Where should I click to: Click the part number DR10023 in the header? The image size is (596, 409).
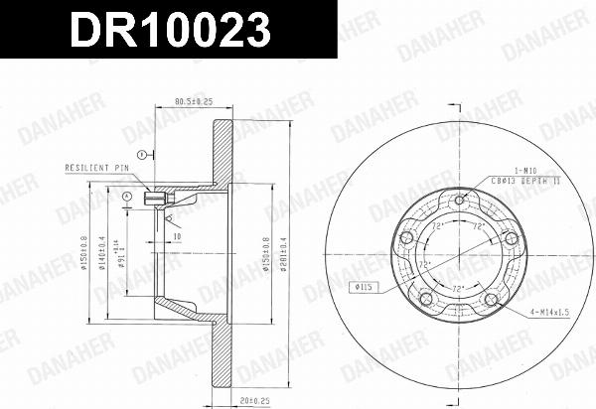(x=168, y=29)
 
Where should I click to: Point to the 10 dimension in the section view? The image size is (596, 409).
(x=175, y=237)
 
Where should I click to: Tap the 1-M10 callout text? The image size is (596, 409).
(x=525, y=171)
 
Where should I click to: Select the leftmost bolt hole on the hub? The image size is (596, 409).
(x=405, y=239)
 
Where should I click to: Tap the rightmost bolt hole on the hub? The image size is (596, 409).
(x=511, y=239)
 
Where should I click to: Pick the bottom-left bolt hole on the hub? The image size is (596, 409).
(x=425, y=300)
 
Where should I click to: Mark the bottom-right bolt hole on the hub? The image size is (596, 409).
(x=490, y=300)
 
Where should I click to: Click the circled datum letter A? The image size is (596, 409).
(x=127, y=197)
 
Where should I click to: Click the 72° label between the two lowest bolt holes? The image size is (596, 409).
(x=457, y=288)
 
